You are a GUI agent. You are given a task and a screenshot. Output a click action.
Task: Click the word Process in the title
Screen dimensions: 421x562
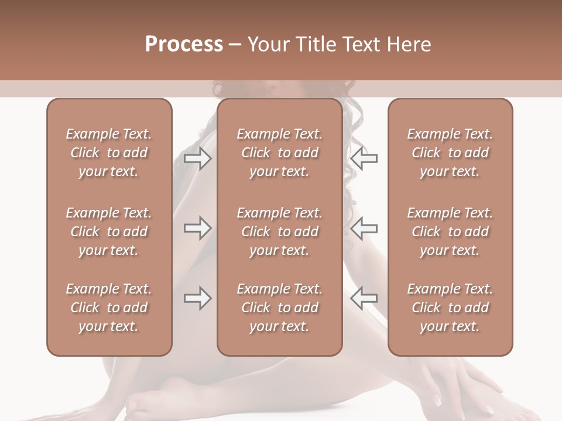(184, 44)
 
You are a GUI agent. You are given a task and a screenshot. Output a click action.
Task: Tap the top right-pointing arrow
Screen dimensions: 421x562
(197, 158)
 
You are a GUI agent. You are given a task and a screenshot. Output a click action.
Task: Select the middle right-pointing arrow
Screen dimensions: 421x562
(197, 229)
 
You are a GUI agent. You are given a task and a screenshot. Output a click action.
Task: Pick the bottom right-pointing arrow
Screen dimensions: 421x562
(197, 299)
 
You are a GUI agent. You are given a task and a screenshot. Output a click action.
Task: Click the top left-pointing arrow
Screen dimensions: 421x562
(364, 158)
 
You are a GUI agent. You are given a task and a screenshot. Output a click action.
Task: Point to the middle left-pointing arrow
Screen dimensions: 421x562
(364, 229)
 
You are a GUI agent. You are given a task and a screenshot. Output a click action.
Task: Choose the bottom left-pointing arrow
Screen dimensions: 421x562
(364, 299)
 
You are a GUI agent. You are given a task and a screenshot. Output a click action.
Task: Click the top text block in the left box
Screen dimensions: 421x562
(109, 153)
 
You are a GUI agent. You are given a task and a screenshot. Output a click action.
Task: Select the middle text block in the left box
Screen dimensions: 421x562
(109, 232)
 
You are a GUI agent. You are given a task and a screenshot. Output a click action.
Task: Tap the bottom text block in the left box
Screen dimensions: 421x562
(109, 308)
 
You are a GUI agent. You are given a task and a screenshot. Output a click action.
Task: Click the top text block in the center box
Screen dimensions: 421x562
(280, 153)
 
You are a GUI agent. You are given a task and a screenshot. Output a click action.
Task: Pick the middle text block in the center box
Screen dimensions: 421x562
(280, 232)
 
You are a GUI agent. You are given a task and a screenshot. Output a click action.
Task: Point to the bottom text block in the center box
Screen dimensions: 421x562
(280, 308)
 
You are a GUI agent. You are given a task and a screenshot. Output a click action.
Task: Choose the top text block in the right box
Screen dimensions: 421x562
(450, 153)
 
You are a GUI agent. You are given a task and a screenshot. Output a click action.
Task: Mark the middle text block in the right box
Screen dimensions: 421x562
(450, 232)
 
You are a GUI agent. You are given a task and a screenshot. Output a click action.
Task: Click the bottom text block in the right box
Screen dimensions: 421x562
(450, 308)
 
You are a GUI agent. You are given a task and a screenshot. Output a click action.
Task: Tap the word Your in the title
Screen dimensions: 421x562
(268, 44)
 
